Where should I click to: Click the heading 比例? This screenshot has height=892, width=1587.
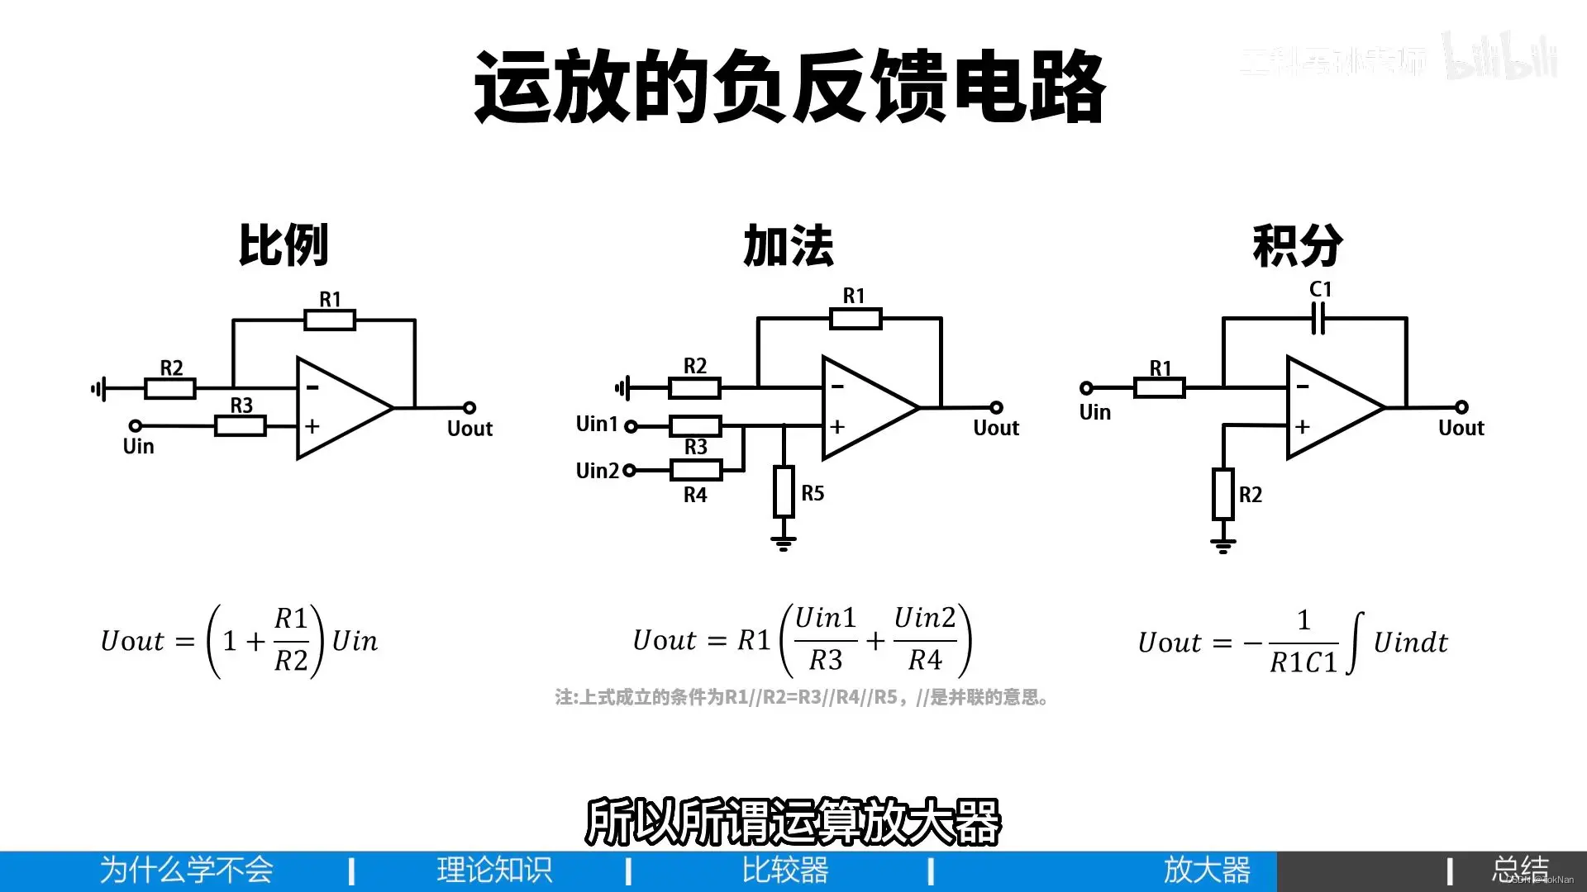[x=284, y=245]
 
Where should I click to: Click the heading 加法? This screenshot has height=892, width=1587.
[x=789, y=245]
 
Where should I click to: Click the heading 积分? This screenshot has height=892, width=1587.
[x=1298, y=245]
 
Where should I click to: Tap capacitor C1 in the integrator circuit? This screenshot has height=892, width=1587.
[x=1318, y=318]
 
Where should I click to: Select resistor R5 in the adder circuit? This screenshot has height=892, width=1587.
[x=784, y=491]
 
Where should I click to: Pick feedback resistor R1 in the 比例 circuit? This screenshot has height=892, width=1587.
[x=330, y=320]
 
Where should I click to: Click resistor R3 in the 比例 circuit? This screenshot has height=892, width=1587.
[x=241, y=426]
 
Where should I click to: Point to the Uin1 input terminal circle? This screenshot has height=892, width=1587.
[x=631, y=426]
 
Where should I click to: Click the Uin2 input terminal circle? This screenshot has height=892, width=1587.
[x=629, y=471]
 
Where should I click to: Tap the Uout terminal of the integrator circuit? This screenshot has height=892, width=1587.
[x=1461, y=407]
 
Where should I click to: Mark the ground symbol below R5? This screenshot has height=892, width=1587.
[x=784, y=543]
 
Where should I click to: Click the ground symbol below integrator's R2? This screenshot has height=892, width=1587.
[x=1223, y=544]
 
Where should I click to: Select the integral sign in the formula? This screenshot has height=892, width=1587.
[x=1355, y=643]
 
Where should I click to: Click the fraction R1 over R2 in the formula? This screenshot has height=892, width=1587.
[x=291, y=640]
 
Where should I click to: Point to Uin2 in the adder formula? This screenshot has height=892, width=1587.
[x=925, y=618]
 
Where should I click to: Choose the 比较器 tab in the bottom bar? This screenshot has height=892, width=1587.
[x=785, y=871]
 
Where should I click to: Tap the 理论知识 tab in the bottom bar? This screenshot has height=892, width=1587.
[x=494, y=871]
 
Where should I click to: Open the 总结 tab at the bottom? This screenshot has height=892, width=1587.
[x=1520, y=871]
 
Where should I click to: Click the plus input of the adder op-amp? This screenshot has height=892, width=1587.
[x=837, y=427]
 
